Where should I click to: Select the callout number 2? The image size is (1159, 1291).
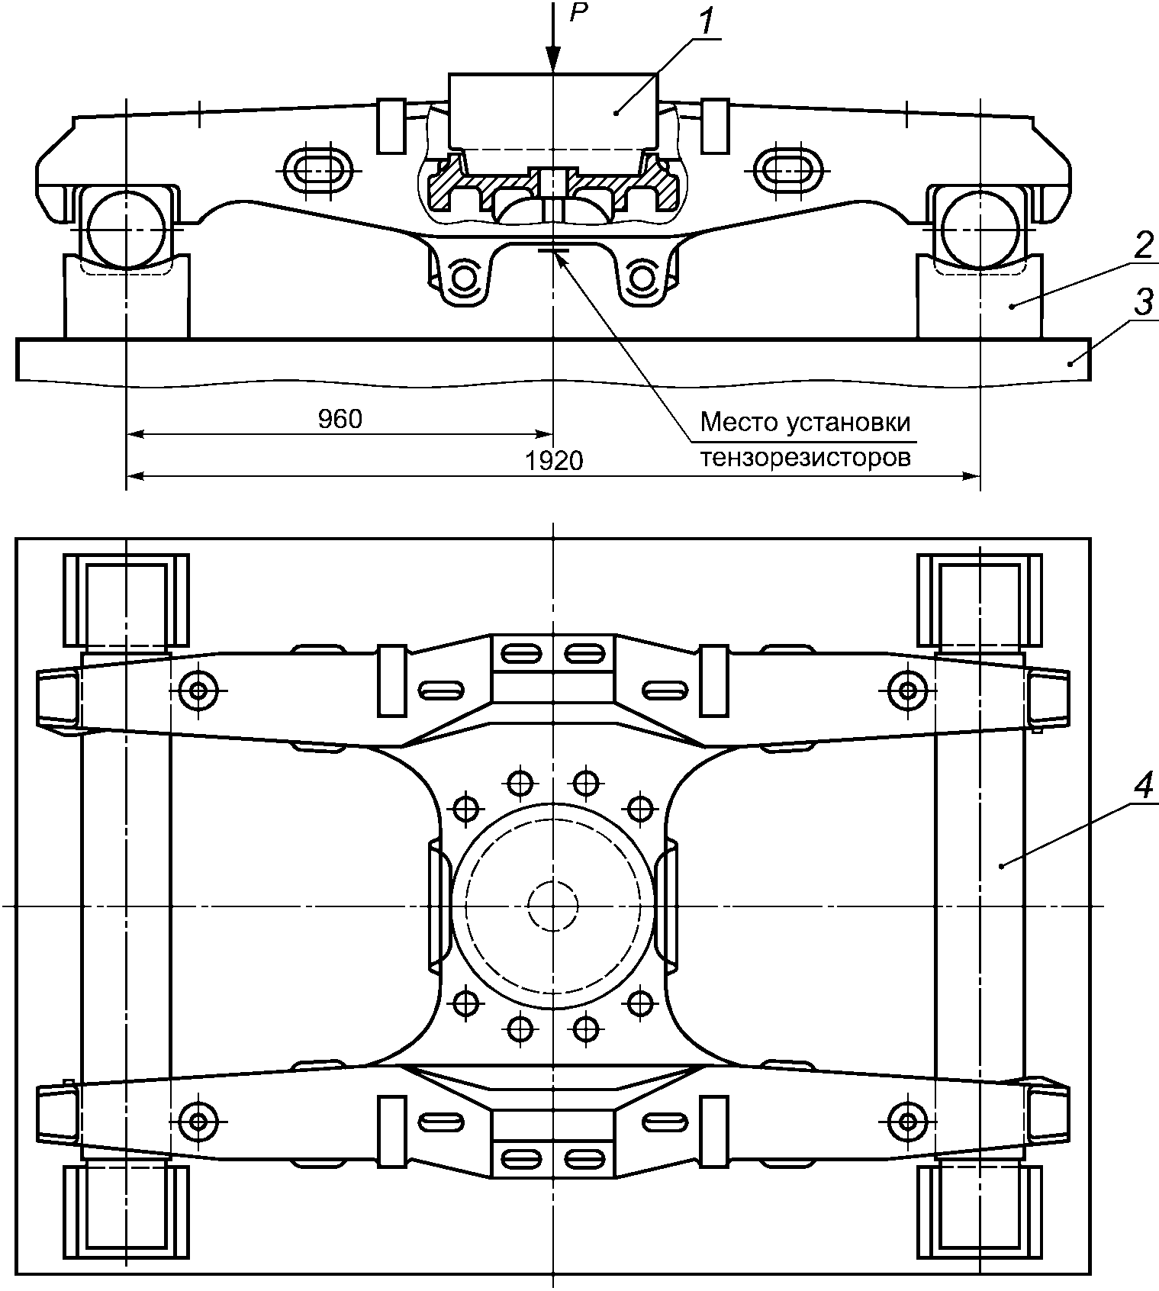tap(1142, 246)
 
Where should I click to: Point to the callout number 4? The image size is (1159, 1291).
tap(1142, 787)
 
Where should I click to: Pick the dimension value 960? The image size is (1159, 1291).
tap(340, 419)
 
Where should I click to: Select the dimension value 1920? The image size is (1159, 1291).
tap(554, 460)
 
